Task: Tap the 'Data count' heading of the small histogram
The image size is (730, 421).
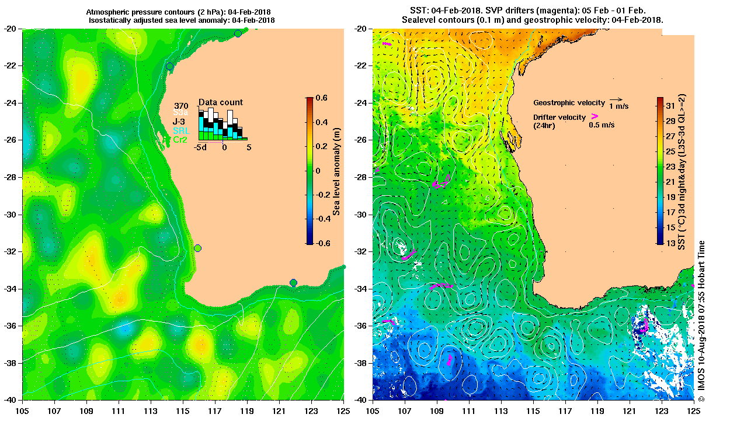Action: tap(220, 102)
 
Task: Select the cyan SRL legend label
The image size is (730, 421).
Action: tap(181, 131)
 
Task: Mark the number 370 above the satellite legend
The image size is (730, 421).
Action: tap(181, 106)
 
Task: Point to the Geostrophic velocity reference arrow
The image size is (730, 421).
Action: tap(614, 100)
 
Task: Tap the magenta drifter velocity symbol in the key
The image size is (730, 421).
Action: tap(595, 116)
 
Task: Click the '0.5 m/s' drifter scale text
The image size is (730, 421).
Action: tap(602, 125)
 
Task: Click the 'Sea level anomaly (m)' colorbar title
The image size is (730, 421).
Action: tap(337, 171)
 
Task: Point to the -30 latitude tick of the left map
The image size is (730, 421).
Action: tap(11, 215)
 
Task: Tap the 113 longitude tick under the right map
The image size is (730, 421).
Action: tap(502, 411)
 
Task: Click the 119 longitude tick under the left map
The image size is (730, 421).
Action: tap(247, 411)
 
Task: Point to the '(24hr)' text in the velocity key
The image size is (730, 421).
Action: tap(545, 125)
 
